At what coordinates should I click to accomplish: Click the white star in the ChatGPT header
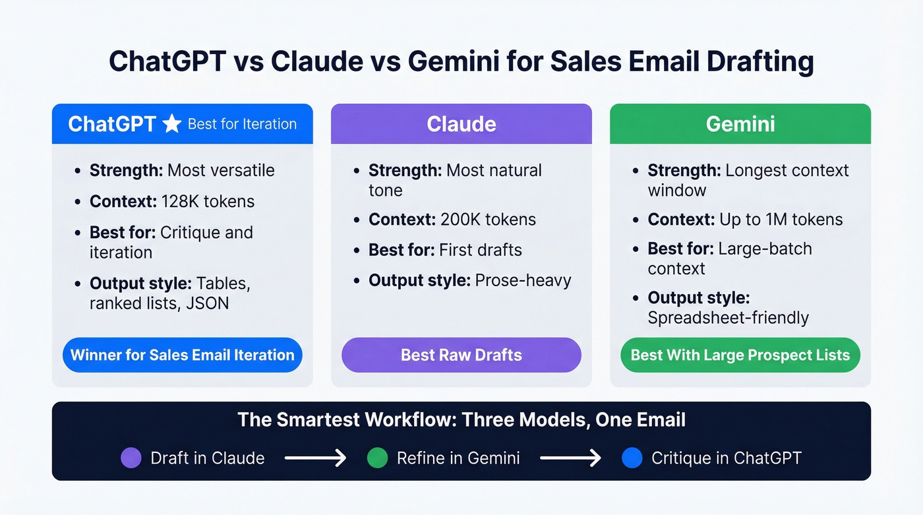pos(171,124)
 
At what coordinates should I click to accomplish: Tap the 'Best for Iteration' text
pos(242,124)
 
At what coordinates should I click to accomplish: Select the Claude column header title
pos(461,124)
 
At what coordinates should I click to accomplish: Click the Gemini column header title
pos(740,124)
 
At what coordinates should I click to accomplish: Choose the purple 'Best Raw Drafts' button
pos(461,355)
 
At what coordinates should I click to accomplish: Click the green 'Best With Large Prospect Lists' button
pos(740,355)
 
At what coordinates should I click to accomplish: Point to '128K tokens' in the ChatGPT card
pos(208,201)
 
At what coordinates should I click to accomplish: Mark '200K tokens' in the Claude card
pos(488,220)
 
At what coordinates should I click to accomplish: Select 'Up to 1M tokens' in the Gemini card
pos(781,220)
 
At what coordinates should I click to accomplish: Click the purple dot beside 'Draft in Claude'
pos(131,458)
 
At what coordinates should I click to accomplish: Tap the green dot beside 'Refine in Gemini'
pos(377,458)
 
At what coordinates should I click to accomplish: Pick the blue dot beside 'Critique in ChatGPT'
pos(632,458)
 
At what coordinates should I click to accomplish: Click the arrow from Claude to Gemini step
pos(315,458)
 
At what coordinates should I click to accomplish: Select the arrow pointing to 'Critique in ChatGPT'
pos(570,458)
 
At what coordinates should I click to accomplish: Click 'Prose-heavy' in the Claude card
pos(523,280)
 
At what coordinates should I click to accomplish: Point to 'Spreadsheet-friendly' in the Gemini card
pos(728,318)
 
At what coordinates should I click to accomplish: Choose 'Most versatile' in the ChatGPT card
pos(221,170)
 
